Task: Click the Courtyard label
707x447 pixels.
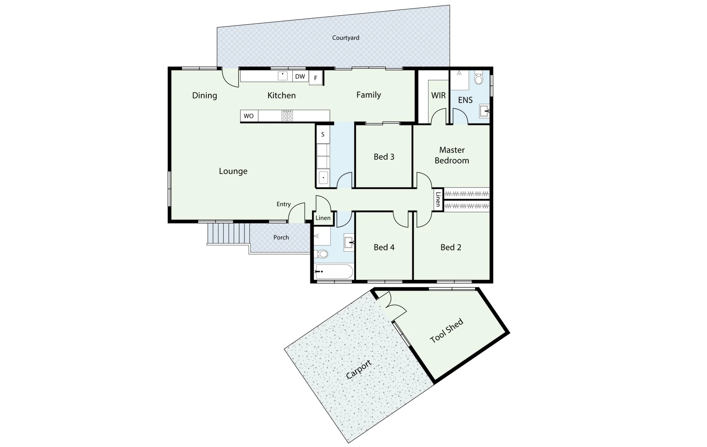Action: point(346,38)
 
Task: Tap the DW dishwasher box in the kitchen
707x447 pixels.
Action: point(300,77)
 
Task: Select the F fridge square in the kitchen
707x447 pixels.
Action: point(316,78)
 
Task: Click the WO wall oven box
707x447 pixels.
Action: point(249,116)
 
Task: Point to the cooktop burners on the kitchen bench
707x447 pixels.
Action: point(287,115)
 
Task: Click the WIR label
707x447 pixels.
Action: point(438,96)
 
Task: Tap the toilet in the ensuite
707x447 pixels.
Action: point(479,79)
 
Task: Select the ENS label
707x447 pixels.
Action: point(465,100)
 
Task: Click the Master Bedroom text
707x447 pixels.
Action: point(452,155)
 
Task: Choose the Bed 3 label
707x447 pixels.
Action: point(384,157)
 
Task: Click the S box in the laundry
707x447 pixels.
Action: point(323,135)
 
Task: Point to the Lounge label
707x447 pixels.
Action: point(233,171)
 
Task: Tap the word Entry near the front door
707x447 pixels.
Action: point(283,204)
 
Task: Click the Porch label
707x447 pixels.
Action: point(281,238)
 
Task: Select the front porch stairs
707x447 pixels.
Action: point(228,234)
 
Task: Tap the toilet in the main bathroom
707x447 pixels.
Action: point(322,254)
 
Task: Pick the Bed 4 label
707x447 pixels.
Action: point(384,248)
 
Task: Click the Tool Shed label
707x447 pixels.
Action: point(446,331)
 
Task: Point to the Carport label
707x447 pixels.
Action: point(358,370)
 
